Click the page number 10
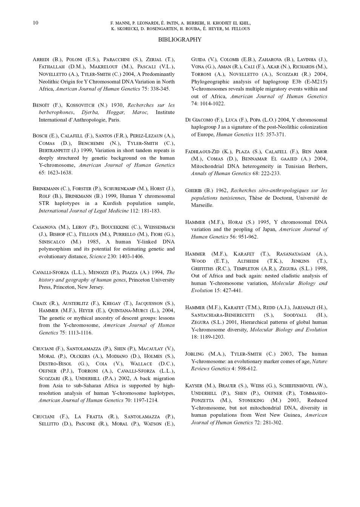point(35,23)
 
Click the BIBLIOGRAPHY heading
point(180,40)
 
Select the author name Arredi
point(41,60)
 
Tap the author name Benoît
point(41,105)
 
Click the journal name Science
point(97,257)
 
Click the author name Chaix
point(40,304)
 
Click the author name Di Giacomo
point(199,120)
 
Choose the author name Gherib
point(194,191)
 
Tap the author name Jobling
point(194,354)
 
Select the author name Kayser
point(194,386)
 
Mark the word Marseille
point(202,205)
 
